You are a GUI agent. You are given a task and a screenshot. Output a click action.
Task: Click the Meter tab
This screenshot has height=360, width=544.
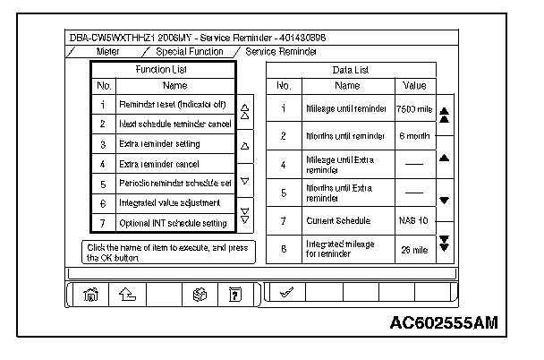point(106,52)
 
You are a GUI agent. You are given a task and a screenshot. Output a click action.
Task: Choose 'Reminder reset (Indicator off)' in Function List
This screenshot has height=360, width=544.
point(174,105)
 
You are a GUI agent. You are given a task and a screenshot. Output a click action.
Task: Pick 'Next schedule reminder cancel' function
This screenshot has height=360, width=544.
point(174,124)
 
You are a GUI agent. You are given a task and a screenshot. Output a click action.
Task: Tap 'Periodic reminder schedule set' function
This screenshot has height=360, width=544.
point(174,184)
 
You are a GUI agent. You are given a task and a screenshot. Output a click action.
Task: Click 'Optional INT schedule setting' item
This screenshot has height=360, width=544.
point(173,222)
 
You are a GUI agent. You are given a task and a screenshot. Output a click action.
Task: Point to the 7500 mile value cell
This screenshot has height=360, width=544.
point(413,108)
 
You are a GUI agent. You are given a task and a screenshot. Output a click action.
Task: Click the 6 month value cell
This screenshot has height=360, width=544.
point(413,136)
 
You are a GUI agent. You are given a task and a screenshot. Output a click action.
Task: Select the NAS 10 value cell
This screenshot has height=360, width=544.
point(413,219)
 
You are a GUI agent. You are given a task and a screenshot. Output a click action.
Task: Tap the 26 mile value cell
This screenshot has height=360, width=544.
point(413,248)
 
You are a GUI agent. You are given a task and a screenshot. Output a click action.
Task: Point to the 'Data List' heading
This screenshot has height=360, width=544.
point(351,68)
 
